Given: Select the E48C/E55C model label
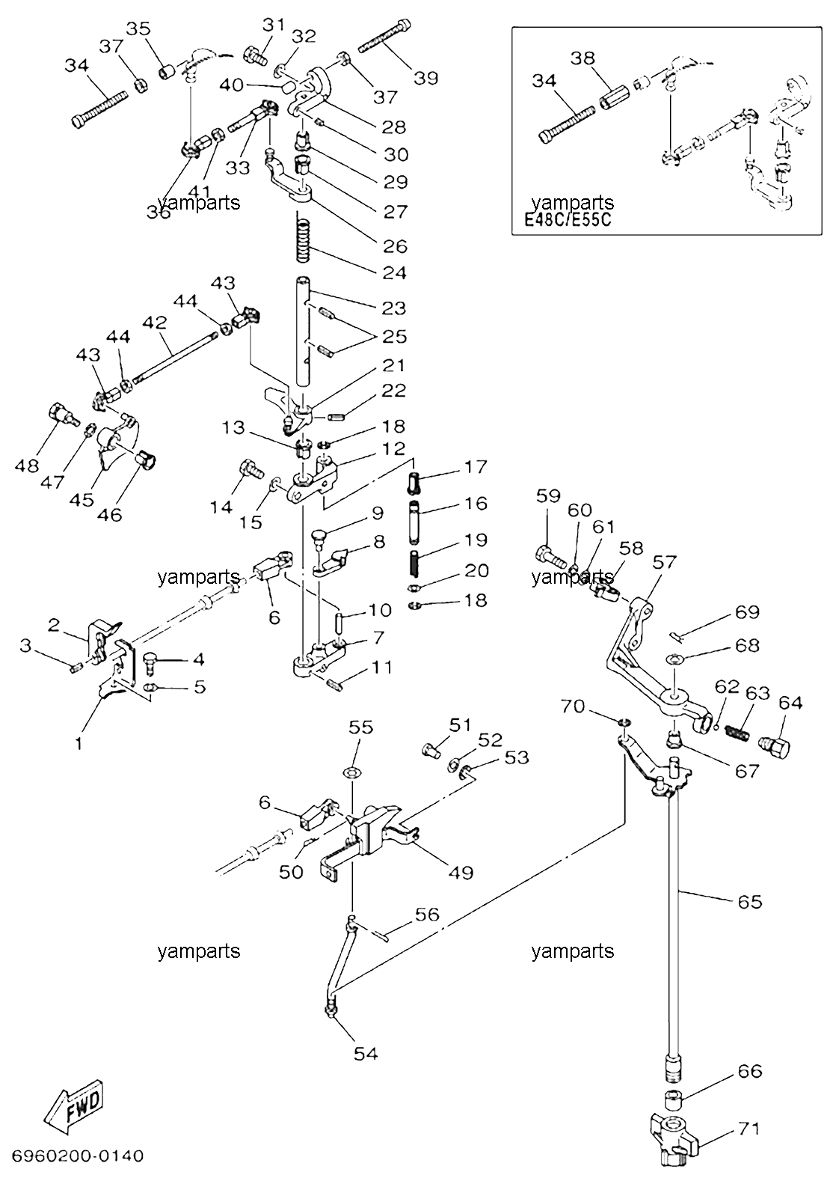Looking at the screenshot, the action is (568, 219).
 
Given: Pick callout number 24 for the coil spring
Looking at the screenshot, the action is (394, 273).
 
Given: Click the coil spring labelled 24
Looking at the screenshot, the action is (302, 237).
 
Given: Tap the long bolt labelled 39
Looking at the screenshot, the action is (384, 35).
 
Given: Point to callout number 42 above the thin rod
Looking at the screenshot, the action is (154, 323).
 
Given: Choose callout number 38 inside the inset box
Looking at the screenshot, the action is (583, 58).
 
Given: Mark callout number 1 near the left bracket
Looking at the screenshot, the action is (79, 744).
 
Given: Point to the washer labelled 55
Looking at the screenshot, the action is (353, 773).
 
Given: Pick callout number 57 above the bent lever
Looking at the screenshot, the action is (664, 562).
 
